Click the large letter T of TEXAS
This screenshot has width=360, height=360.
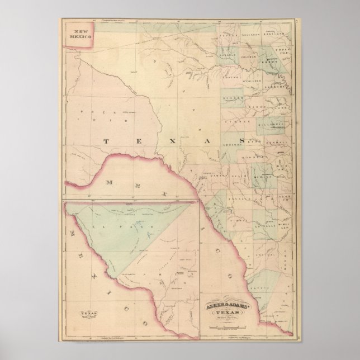(x=106, y=142)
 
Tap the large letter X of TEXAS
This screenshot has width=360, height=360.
(x=173, y=141)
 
